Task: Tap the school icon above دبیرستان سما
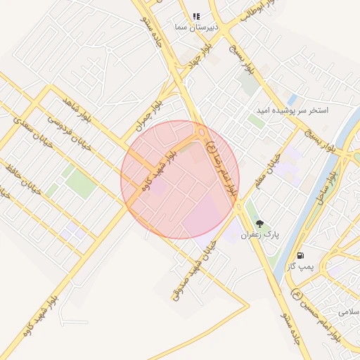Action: tap(196, 15)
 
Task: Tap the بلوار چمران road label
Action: tap(149, 115)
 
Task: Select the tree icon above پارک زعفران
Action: tap(260, 224)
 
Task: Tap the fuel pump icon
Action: tap(301, 255)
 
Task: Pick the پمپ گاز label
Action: tap(301, 266)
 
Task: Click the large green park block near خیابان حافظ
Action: tap(81, 185)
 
